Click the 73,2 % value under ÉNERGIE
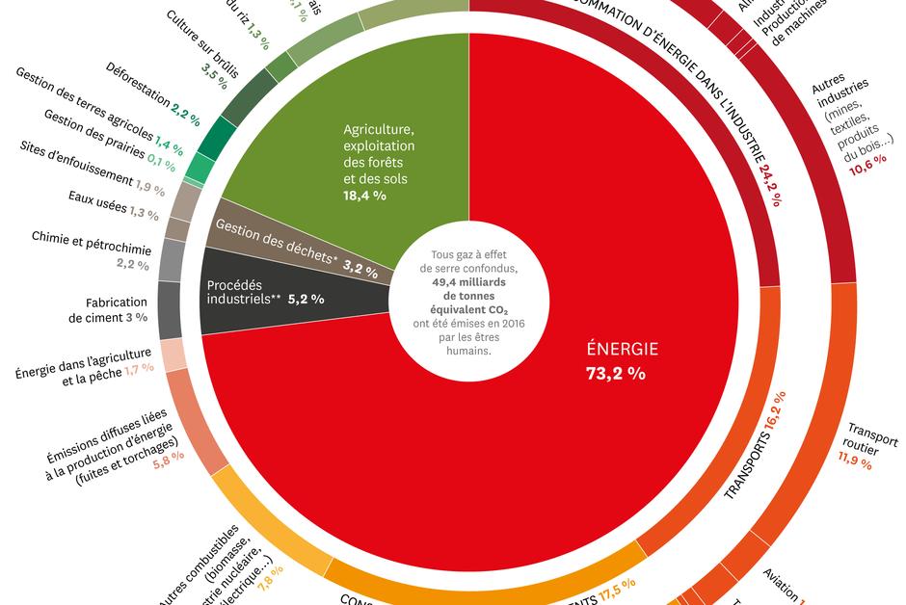pos(615,374)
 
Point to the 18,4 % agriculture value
pos(365,195)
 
